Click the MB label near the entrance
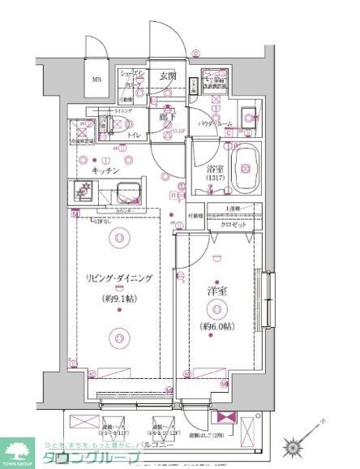pyautogui.click(x=96, y=80)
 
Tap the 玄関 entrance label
pyautogui.click(x=169, y=75)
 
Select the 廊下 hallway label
pyautogui.click(x=168, y=116)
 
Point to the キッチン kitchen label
pyautogui.click(x=105, y=171)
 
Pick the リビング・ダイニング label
pyautogui.click(x=119, y=278)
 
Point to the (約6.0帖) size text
pyautogui.click(x=217, y=327)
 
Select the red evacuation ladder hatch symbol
pyautogui.click(x=224, y=420)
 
